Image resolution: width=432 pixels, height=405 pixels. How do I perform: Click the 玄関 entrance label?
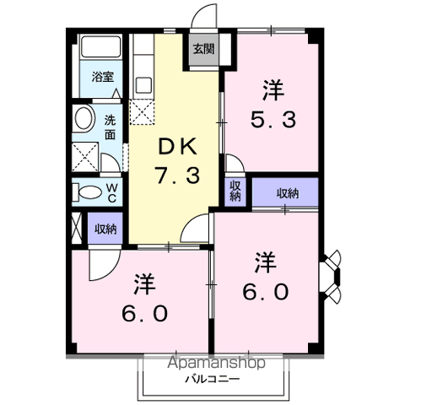click(x=204, y=50)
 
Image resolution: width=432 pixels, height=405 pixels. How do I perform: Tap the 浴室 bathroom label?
click(x=103, y=77)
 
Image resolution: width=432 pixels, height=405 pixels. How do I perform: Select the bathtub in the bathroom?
click(x=100, y=46)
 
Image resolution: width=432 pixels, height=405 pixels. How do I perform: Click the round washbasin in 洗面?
click(x=84, y=118)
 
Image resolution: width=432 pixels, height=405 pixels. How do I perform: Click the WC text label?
click(x=111, y=193)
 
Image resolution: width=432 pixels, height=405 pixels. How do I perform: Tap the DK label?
click(x=177, y=147)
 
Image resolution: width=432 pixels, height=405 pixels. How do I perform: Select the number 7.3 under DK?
click(x=178, y=175)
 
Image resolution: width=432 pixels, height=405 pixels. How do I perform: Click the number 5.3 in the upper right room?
click(x=273, y=119)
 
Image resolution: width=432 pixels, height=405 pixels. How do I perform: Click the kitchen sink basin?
click(x=143, y=85)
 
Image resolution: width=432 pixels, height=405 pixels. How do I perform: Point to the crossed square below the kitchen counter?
click(x=142, y=112)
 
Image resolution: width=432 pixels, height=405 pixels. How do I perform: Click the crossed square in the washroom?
click(x=85, y=157)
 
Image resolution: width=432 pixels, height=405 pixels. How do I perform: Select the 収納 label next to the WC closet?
click(x=105, y=229)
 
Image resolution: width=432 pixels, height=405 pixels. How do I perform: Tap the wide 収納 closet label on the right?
click(x=288, y=193)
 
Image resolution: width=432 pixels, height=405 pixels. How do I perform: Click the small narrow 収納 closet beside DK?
click(x=235, y=191)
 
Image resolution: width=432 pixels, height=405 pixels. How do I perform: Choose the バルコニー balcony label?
click(x=213, y=379)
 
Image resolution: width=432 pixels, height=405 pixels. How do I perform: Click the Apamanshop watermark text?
click(x=216, y=363)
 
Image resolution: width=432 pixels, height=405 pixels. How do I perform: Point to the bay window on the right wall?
click(x=331, y=277)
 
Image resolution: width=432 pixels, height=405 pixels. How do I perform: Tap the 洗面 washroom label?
click(x=110, y=127)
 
